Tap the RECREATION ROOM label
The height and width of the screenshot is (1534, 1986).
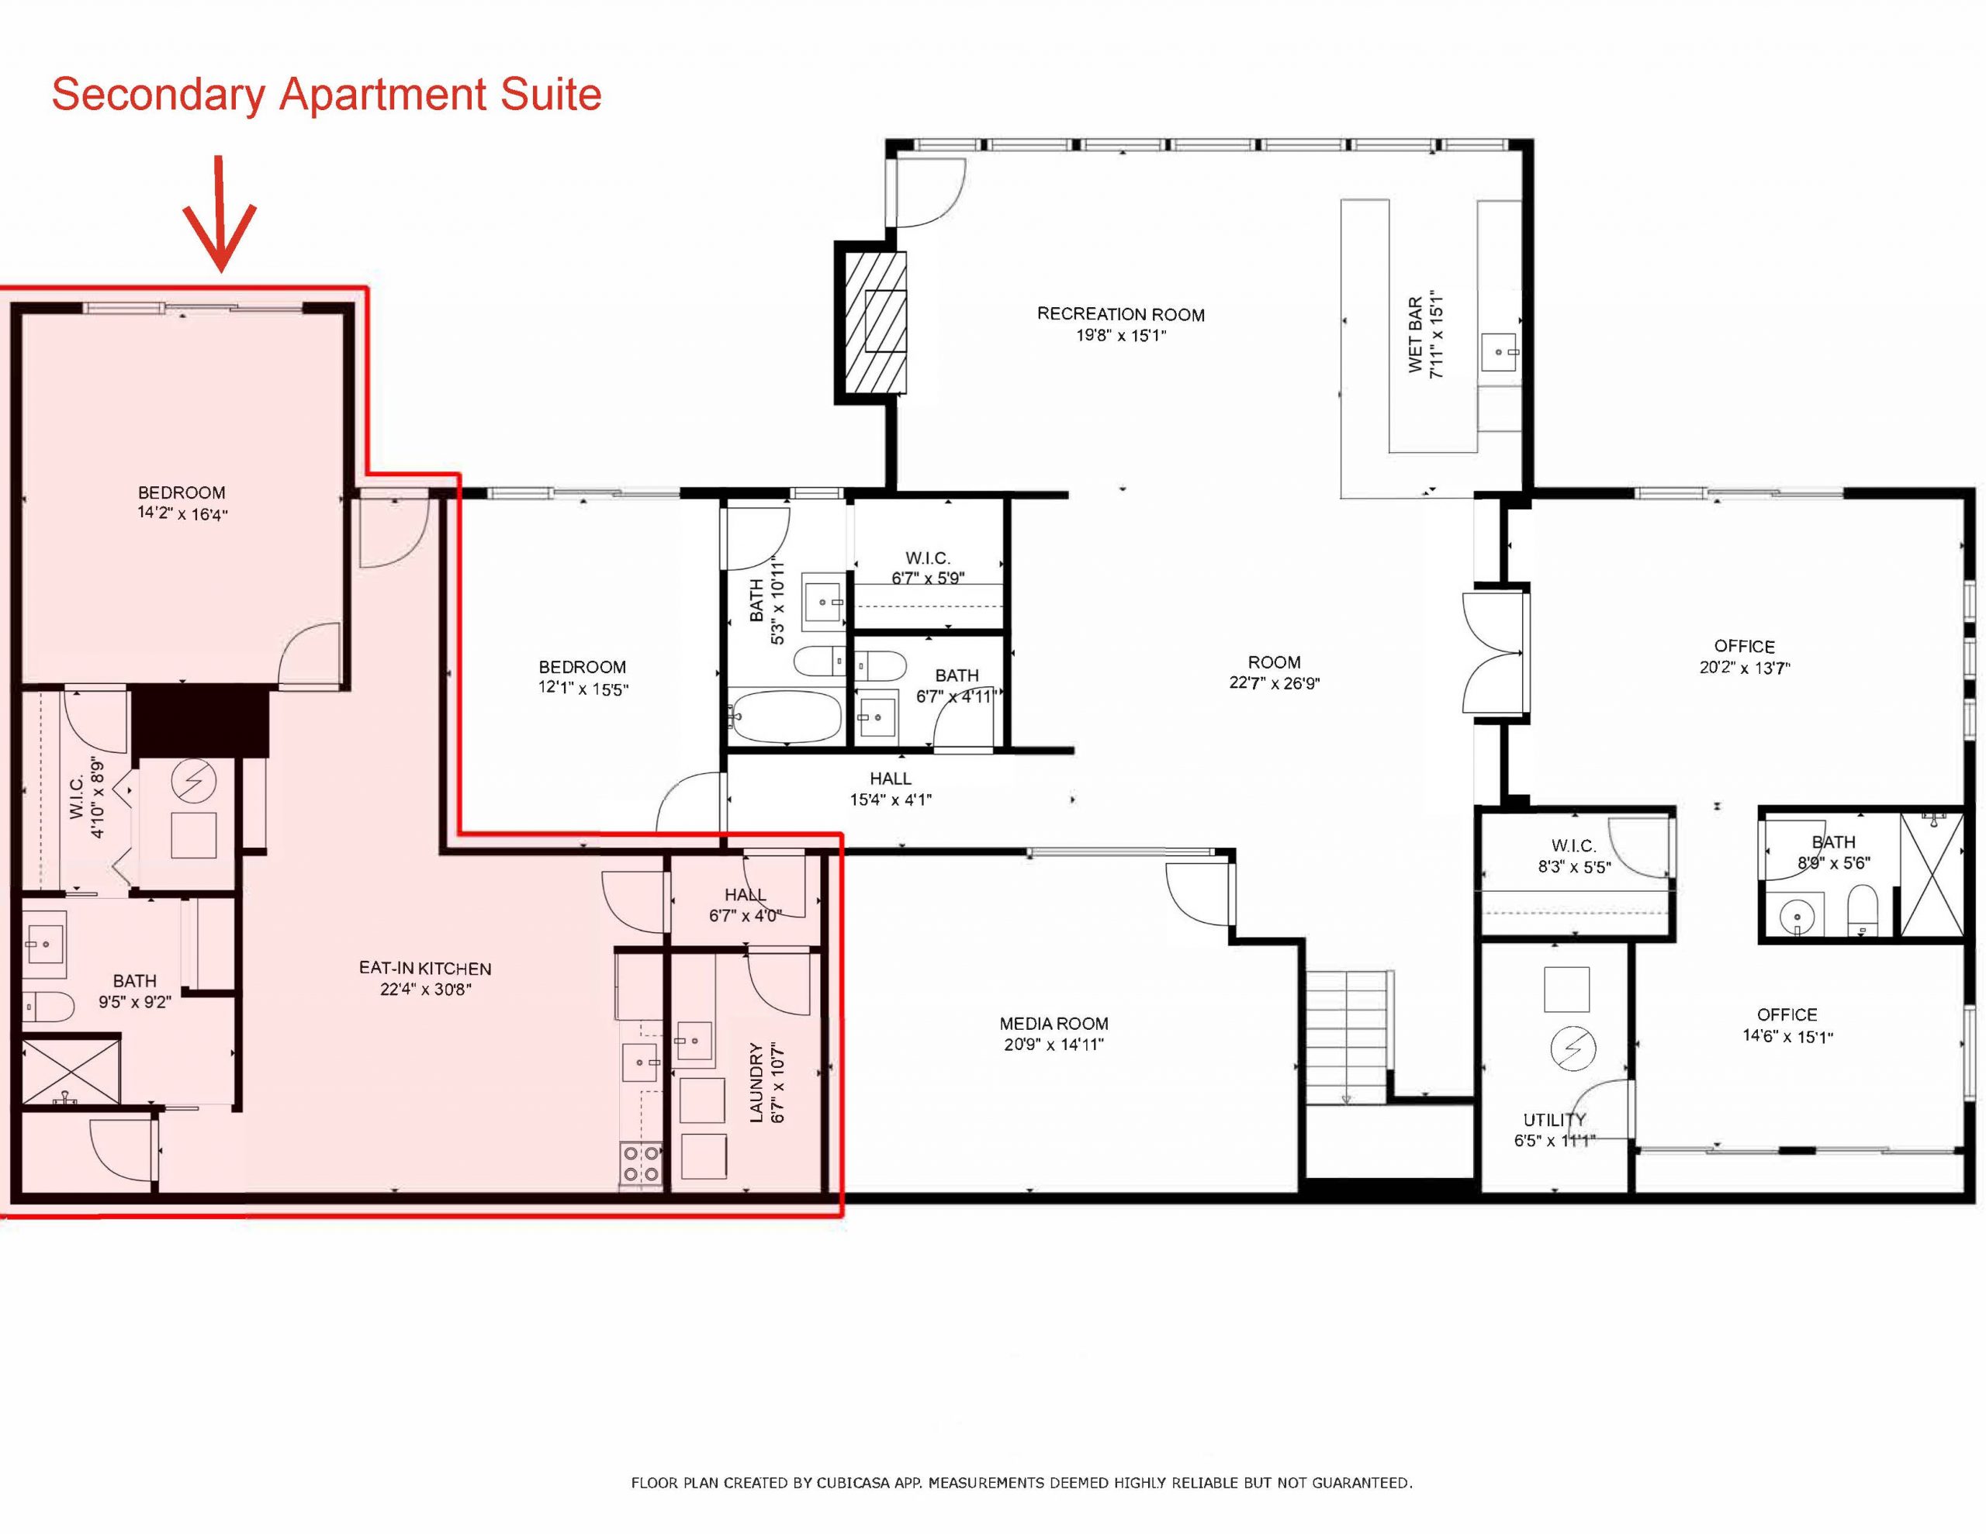click(x=1120, y=315)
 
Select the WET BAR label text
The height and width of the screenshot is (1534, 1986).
click(x=1416, y=334)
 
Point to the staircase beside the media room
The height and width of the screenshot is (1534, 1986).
click(x=1347, y=1037)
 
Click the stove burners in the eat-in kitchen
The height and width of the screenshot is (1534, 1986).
click(x=640, y=1164)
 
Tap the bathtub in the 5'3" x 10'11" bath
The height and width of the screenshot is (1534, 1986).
click(x=787, y=717)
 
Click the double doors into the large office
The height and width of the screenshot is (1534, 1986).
click(x=1493, y=652)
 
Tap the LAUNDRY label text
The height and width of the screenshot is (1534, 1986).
click(x=756, y=1083)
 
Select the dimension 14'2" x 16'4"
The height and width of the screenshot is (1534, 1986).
click(x=182, y=515)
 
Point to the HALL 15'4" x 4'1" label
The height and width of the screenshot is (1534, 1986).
click(x=891, y=789)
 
